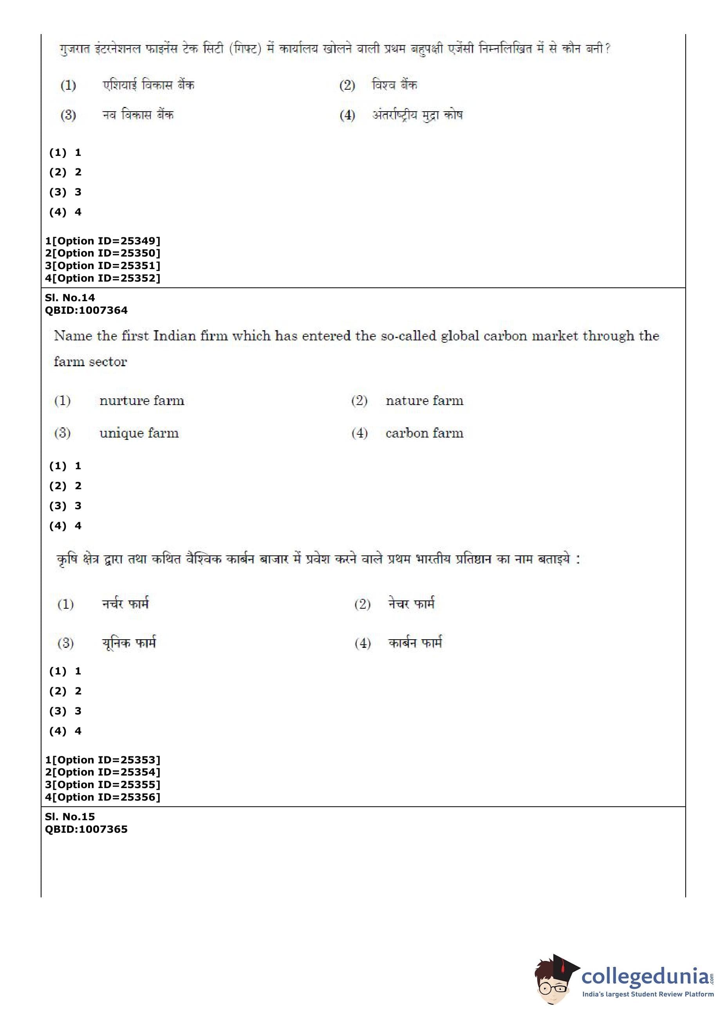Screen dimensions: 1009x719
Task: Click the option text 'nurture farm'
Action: [142, 401]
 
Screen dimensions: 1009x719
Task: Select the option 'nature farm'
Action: [424, 401]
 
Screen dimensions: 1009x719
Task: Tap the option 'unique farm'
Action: [139, 433]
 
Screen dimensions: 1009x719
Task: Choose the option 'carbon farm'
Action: [424, 433]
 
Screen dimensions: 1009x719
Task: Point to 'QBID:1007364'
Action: [86, 310]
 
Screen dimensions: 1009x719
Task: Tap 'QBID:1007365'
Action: [86, 829]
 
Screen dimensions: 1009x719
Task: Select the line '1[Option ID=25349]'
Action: [103, 241]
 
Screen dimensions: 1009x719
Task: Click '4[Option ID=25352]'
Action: [103, 278]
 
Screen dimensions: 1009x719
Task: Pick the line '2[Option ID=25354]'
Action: [103, 772]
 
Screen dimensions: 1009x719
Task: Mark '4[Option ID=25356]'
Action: [103, 797]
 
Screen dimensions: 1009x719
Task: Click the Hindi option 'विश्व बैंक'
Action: [394, 85]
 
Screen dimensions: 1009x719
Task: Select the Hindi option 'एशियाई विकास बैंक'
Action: [148, 85]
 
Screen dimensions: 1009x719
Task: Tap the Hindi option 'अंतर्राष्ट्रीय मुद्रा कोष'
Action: [417, 115]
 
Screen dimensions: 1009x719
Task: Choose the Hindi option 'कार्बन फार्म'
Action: [415, 642]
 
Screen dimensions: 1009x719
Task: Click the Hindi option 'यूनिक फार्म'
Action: [129, 642]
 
